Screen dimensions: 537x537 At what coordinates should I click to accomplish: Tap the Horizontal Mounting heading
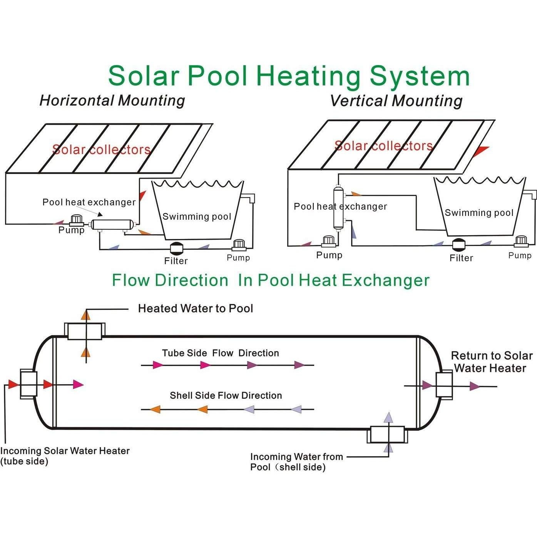point(112,100)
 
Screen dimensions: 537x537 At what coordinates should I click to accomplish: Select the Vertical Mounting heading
point(396,101)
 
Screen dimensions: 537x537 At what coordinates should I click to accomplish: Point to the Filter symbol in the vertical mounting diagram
point(459,245)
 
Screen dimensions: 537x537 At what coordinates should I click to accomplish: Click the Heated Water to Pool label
point(196,308)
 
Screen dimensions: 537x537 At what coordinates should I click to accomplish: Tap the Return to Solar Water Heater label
point(491,362)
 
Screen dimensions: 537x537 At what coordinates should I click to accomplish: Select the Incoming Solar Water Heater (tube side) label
point(65,456)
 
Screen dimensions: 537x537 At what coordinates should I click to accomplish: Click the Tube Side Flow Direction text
point(220,353)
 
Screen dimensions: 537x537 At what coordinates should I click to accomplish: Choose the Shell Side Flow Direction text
point(226,395)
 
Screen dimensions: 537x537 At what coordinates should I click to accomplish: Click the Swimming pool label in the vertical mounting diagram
point(479,213)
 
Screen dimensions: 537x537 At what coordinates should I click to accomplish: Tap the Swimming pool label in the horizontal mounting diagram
point(196,217)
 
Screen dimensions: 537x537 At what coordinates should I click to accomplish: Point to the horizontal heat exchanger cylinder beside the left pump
point(112,224)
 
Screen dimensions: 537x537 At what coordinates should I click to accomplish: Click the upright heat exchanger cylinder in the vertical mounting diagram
point(338,208)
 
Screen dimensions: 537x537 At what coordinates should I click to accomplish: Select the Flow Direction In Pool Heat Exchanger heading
point(270,280)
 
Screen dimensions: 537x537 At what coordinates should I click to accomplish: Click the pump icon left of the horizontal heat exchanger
point(76,220)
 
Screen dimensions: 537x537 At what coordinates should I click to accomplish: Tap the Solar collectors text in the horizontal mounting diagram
point(101,149)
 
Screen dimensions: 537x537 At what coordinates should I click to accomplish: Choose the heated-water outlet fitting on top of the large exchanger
point(85,331)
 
